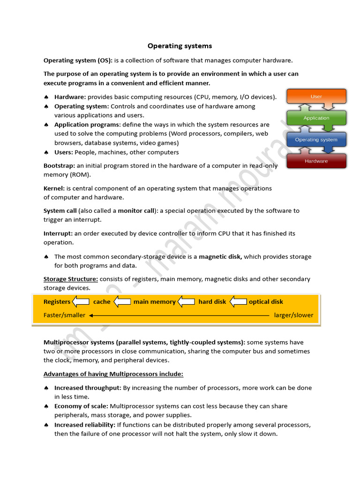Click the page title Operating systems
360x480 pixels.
(x=180, y=46)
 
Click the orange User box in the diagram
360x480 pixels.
(x=316, y=97)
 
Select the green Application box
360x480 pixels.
(x=316, y=118)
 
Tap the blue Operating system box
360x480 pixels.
(x=316, y=140)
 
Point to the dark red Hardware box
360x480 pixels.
(x=316, y=161)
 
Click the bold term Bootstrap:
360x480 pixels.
(x=60, y=165)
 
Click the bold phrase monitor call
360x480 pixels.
(x=136, y=211)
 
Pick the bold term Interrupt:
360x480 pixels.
(x=58, y=233)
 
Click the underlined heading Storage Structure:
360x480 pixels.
(x=71, y=279)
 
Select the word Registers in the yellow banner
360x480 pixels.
(x=57, y=302)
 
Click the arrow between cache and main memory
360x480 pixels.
(x=122, y=302)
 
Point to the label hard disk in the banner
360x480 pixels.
(x=212, y=302)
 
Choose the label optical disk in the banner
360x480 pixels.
(x=266, y=302)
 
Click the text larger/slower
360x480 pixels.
(x=293, y=315)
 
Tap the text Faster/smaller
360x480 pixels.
(x=64, y=315)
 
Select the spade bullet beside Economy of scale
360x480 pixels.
(x=46, y=406)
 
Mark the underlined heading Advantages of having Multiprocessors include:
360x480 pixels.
(x=113, y=374)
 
